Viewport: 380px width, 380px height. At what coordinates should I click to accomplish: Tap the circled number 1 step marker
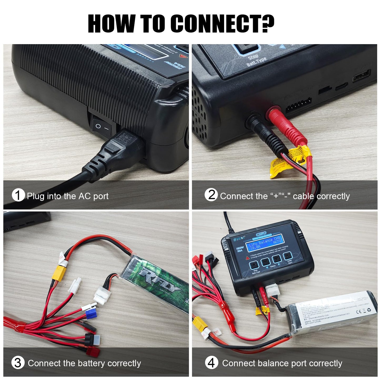click(x=18, y=195)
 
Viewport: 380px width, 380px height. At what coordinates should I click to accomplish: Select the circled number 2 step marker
click(x=211, y=195)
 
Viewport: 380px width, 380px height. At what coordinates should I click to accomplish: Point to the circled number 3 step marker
click(x=18, y=363)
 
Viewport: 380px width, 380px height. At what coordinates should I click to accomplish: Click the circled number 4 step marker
click(x=211, y=363)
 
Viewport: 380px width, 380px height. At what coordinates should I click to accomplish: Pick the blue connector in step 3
click(x=90, y=315)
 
